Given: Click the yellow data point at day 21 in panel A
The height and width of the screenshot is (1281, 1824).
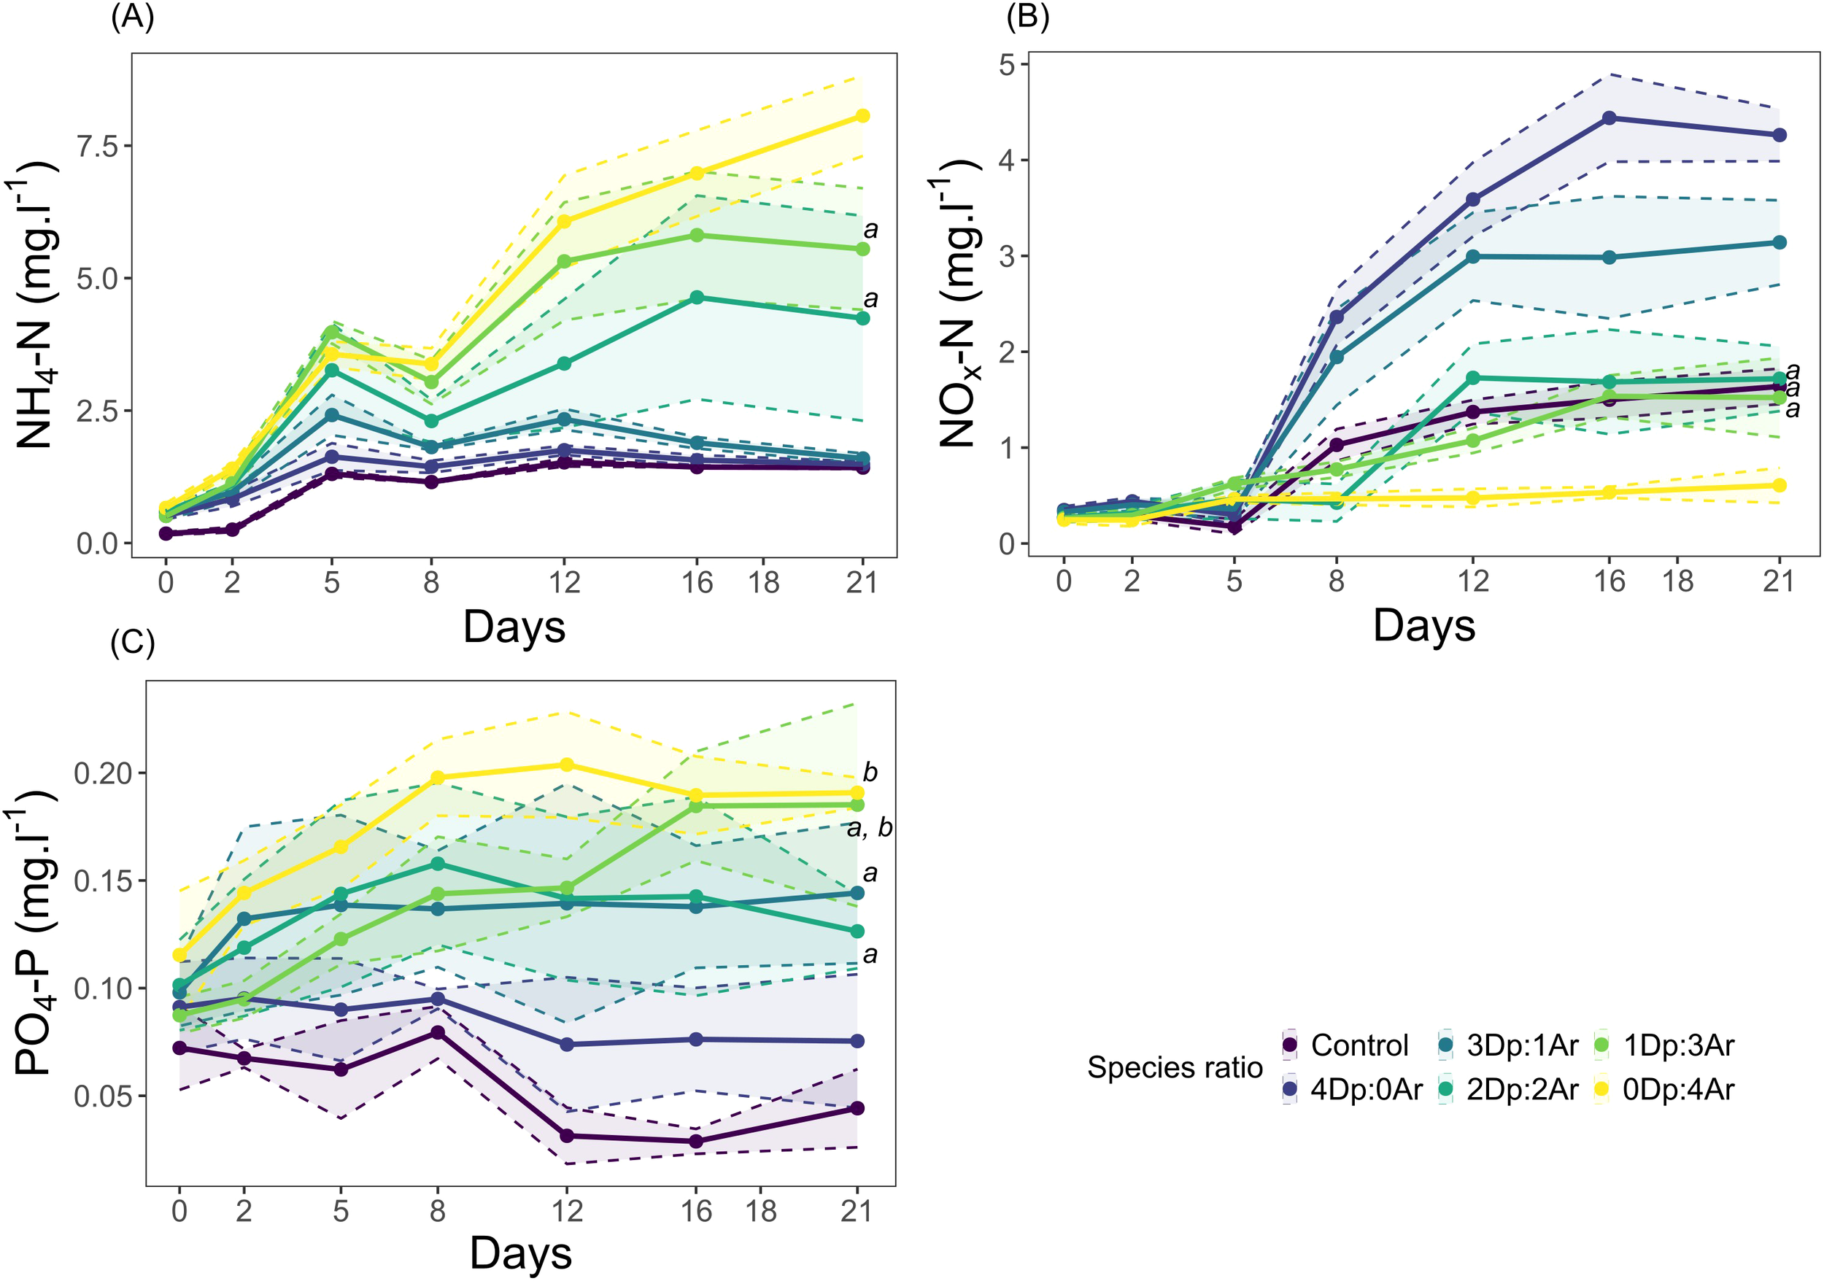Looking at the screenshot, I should tap(862, 116).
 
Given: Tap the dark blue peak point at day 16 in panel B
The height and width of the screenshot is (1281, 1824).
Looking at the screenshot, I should tap(1609, 118).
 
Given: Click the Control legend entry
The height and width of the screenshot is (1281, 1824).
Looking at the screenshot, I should tap(1359, 1045).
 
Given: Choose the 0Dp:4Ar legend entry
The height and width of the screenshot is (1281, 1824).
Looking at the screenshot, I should tap(1678, 1091).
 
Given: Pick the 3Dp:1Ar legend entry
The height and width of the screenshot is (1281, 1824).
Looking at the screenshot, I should tap(1521, 1045).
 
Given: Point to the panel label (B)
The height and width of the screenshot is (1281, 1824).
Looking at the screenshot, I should tap(1027, 17).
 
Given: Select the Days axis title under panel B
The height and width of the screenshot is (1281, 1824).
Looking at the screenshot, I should tap(1423, 626).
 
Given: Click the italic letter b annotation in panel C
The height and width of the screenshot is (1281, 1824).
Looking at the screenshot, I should tap(870, 773).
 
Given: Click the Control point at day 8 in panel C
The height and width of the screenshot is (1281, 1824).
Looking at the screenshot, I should tap(438, 1032).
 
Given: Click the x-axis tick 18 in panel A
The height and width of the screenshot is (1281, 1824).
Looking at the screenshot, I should tap(763, 583).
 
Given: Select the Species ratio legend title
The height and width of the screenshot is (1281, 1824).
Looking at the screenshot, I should tap(1174, 1067).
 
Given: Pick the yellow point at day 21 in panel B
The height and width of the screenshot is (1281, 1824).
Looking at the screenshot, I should tap(1779, 485).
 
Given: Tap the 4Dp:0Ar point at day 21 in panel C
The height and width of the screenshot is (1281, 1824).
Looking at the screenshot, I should tap(857, 1041).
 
